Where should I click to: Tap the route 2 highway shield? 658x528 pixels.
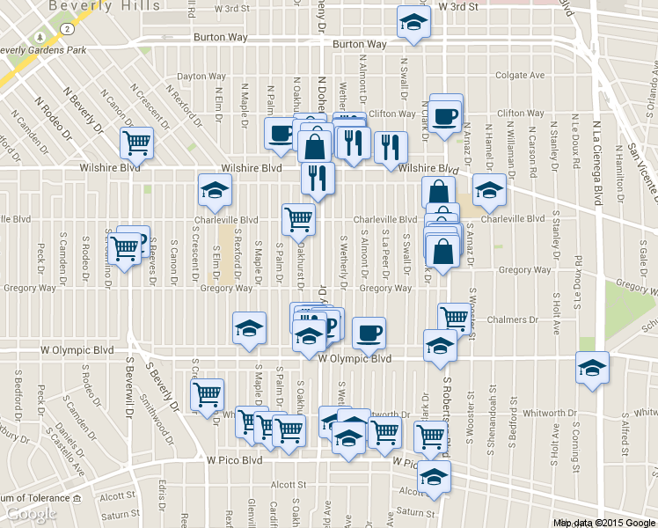click(x=66, y=28)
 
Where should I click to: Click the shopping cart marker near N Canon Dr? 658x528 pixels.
click(x=136, y=141)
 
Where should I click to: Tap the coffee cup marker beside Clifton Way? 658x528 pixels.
click(x=445, y=115)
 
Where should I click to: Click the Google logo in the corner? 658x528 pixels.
click(x=32, y=514)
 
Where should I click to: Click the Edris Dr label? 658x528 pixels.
click(x=163, y=495)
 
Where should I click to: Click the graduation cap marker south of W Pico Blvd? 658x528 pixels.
click(x=433, y=476)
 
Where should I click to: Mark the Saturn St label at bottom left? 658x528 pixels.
click(x=120, y=514)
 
